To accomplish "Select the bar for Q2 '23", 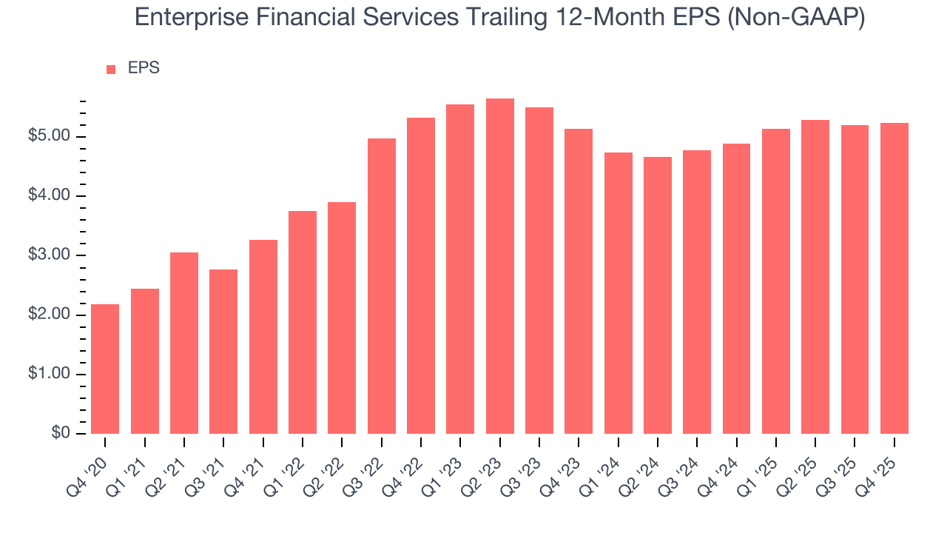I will coord(499,266).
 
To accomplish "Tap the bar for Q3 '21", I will coord(223,352).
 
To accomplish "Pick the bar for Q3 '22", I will coord(381,286).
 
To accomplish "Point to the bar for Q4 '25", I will coord(894,278).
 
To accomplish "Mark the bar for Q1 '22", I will coord(303,322).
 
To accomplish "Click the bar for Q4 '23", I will coord(579,281).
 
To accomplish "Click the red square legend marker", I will coord(111,69).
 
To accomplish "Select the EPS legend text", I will coord(144,68).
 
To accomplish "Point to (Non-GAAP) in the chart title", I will coord(798,18).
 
